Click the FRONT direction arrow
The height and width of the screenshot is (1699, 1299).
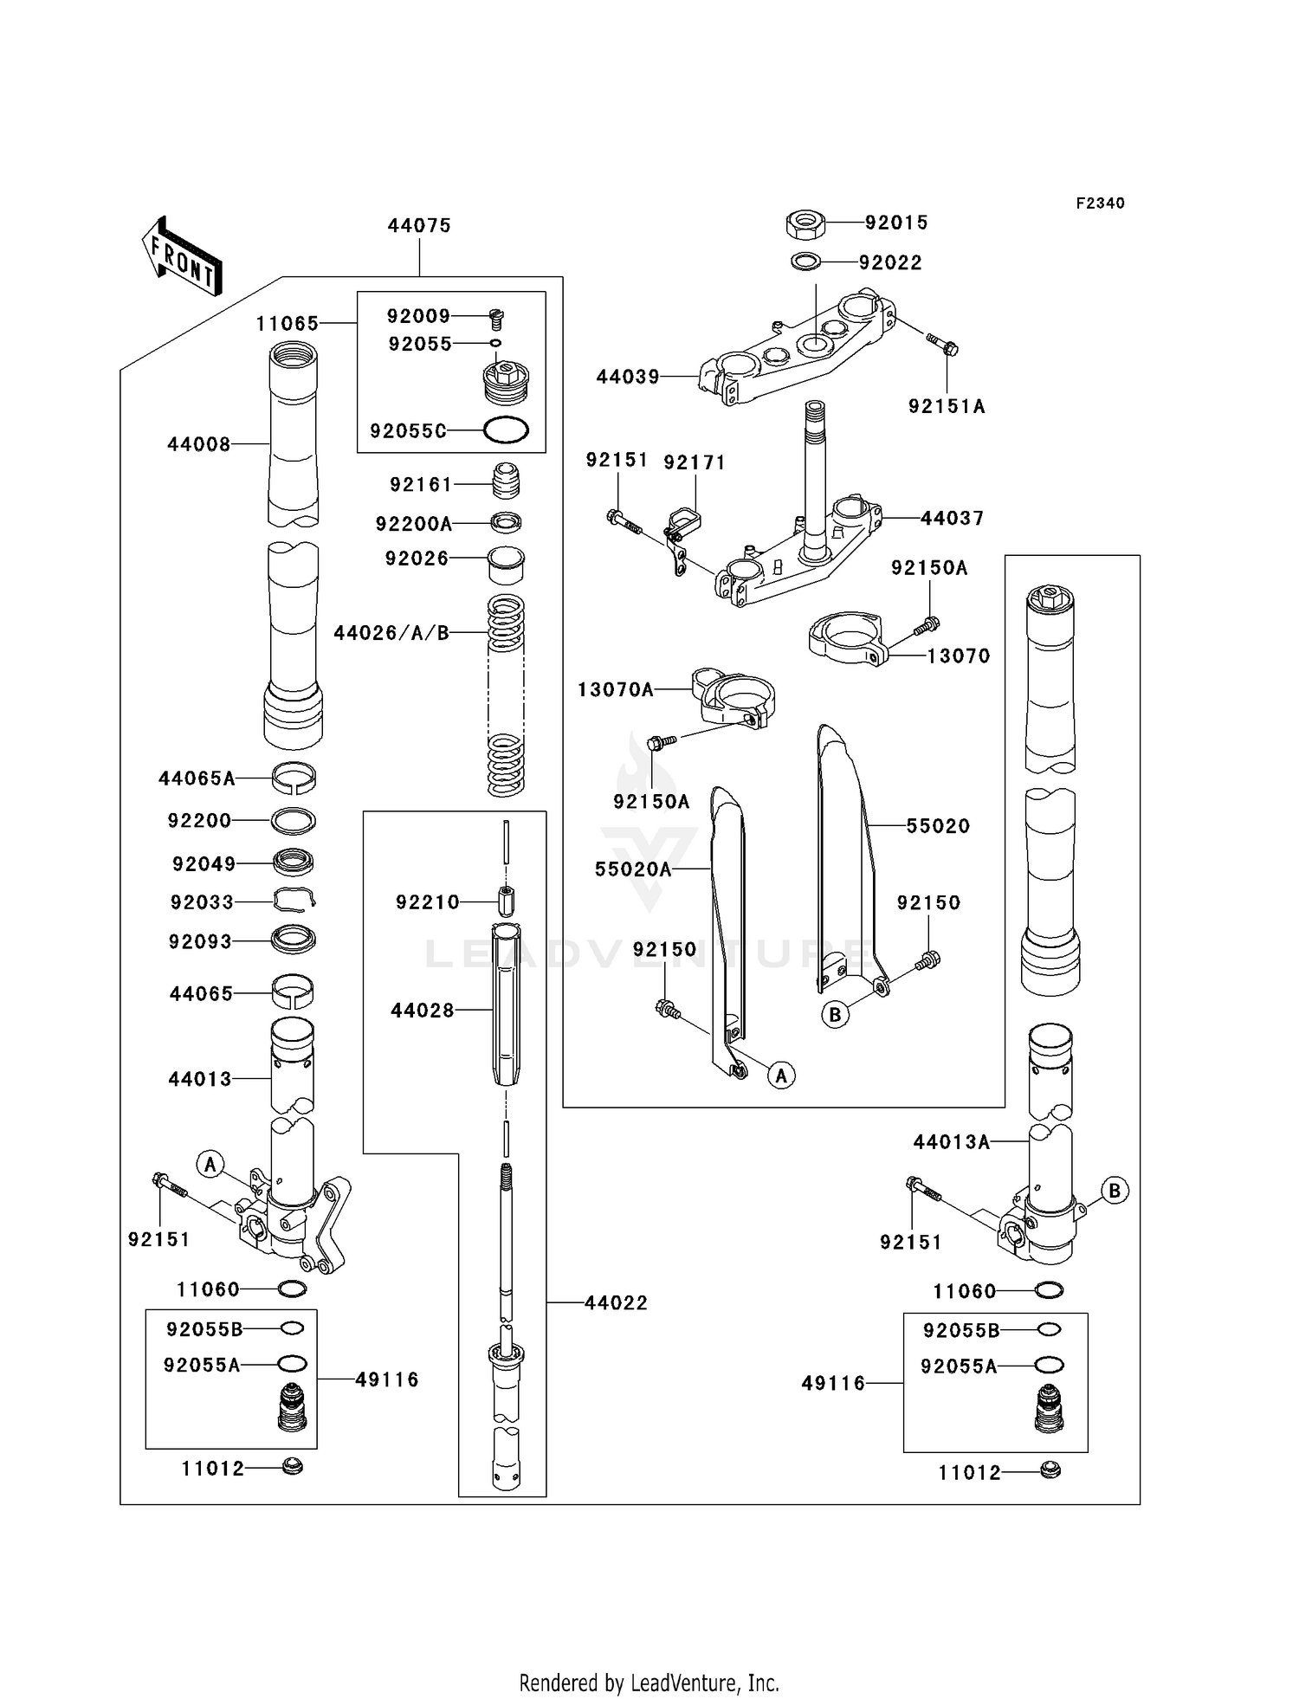point(183,257)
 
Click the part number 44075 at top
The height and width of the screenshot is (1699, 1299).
point(419,226)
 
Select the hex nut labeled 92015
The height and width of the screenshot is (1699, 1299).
point(805,224)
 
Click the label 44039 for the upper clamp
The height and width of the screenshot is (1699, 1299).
point(628,378)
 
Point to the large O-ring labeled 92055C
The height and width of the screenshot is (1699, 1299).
point(506,430)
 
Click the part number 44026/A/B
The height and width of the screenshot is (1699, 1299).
point(391,634)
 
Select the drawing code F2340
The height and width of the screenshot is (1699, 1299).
point(1100,203)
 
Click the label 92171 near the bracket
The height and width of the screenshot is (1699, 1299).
point(694,463)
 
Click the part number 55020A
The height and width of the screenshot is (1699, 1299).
point(633,869)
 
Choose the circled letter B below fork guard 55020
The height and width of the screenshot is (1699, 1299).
point(835,1015)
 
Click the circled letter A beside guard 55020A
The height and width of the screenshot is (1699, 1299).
point(781,1076)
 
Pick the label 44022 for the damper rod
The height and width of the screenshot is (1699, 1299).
point(616,1303)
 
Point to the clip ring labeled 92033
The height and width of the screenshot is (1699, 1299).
point(294,901)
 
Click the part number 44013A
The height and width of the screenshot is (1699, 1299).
point(951,1143)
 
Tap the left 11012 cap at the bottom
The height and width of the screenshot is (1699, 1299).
point(293,1467)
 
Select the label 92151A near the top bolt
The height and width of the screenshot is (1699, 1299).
point(947,407)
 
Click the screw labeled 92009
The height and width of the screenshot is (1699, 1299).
point(497,319)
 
